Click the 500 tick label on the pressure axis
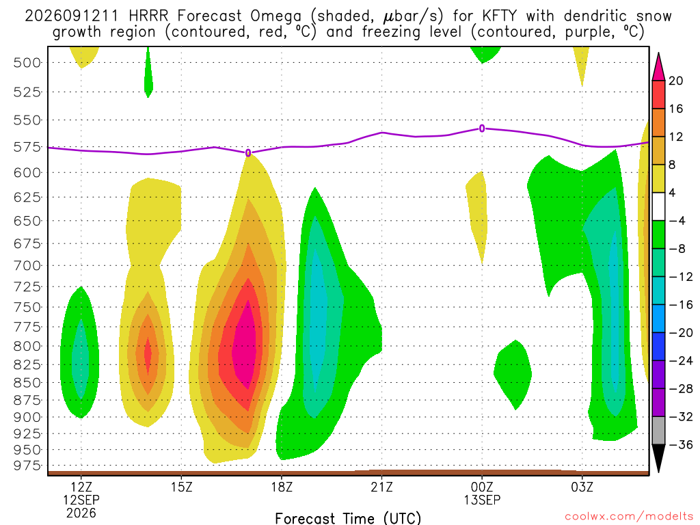coord(27,62)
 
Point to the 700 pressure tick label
coord(27,266)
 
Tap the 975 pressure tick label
coord(27,466)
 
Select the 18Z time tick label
coord(282,487)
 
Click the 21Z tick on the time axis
coord(381,487)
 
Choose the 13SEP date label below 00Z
coord(482,500)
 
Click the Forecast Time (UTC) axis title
coord(348,518)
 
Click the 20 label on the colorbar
coord(676,81)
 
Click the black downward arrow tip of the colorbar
coord(658,472)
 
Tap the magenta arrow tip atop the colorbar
coord(658,53)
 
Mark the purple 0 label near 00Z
coord(482,129)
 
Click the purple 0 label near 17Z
coord(248,153)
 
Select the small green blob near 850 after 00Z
coord(513,374)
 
